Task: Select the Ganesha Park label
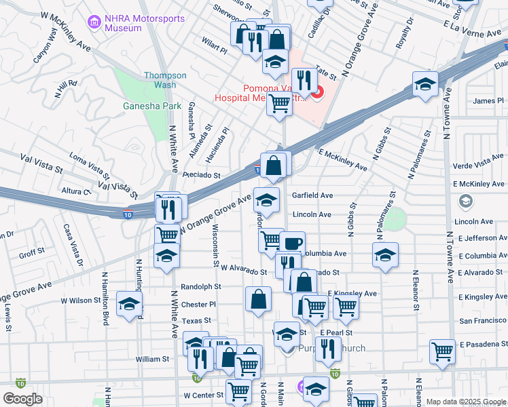[x=143, y=106]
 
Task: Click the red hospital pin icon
[x=317, y=90]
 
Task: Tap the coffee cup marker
[x=292, y=243]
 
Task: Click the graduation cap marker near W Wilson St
[x=129, y=303]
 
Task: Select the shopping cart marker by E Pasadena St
[x=443, y=351]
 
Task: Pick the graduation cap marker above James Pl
[x=425, y=83]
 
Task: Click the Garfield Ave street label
[x=312, y=195]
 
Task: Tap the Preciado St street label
[x=201, y=175]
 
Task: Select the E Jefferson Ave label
[x=482, y=239]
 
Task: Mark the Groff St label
[x=31, y=255]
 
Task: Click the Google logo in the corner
[x=23, y=398]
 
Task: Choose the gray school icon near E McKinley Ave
[x=465, y=201]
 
